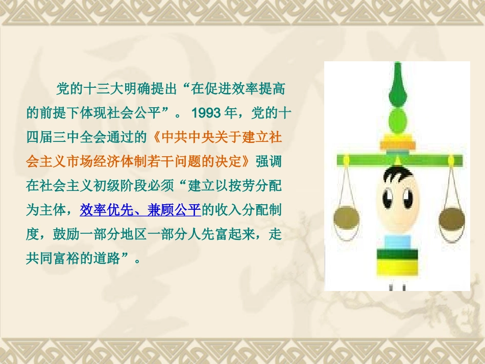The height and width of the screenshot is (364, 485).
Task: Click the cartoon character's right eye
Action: [x=407, y=196]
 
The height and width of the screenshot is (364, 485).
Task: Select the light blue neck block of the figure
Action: [x=397, y=240]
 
